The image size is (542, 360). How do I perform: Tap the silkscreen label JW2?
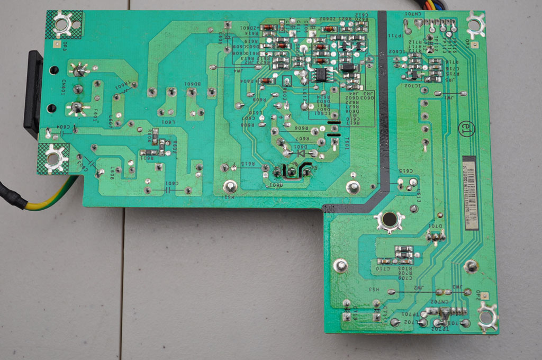419,288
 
